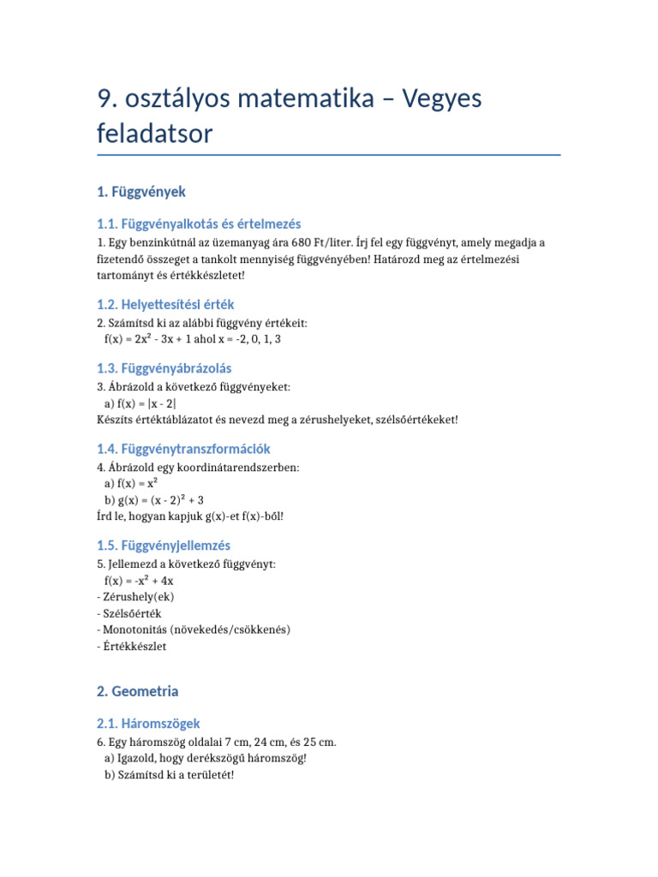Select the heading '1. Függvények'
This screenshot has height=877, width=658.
point(141,192)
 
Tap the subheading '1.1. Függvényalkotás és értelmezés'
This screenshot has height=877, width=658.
point(199,224)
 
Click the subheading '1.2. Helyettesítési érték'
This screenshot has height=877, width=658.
point(165,305)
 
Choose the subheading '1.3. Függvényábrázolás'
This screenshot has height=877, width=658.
point(164,368)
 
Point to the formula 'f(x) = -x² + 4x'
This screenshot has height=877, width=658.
point(139,581)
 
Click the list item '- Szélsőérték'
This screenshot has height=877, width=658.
point(129,613)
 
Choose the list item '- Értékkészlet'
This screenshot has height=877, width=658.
point(132,646)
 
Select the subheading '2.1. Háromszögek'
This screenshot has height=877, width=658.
point(149,724)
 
